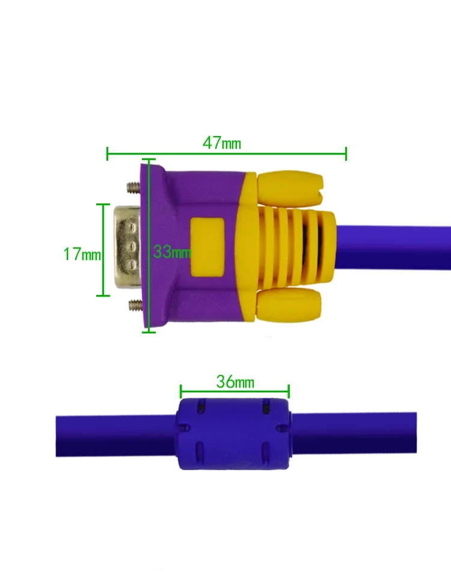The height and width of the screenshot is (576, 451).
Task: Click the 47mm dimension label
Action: click(222, 143)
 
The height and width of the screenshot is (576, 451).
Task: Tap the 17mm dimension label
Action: click(82, 254)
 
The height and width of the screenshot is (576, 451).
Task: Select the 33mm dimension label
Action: click(172, 252)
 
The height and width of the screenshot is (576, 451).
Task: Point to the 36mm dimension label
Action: click(235, 382)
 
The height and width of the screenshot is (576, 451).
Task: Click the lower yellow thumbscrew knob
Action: click(289, 304)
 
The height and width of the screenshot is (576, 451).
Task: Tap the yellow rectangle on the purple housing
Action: click(207, 247)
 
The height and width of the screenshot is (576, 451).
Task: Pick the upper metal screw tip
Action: click(133, 188)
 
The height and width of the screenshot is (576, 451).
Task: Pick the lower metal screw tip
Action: click(135, 305)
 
